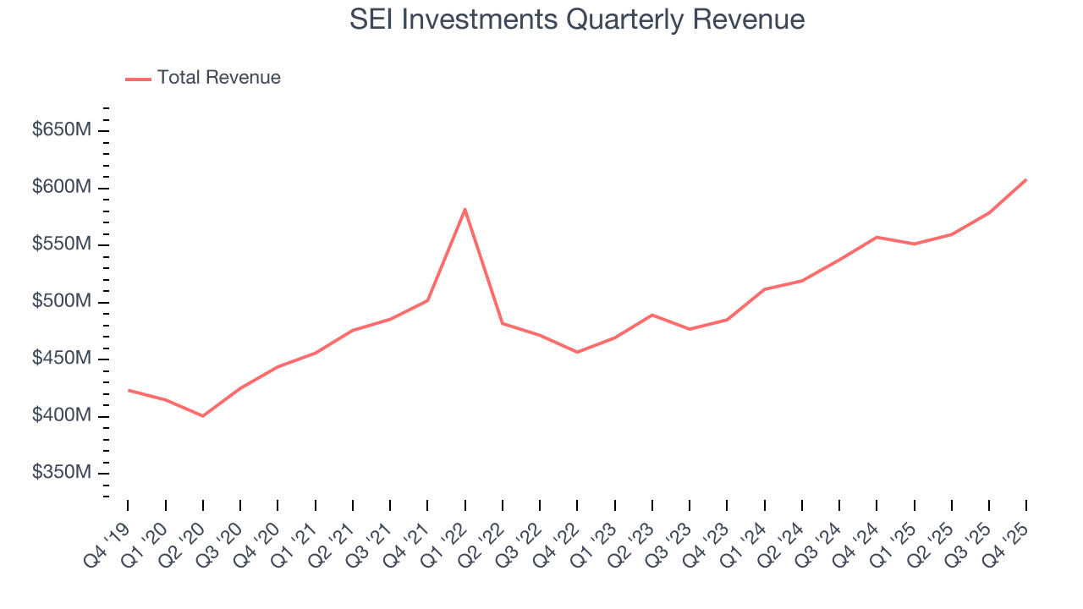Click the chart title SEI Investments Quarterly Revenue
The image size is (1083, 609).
(577, 19)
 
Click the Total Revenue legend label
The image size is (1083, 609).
(218, 78)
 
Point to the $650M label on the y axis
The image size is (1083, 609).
(63, 130)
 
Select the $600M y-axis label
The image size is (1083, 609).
(63, 187)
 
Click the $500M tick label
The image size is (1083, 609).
(63, 302)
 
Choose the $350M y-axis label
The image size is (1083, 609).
(63, 473)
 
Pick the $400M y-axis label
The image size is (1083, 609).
(63, 416)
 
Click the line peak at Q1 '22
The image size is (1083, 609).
(465, 209)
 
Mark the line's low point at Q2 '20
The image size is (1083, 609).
(203, 416)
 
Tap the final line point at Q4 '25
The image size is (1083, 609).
(1025, 179)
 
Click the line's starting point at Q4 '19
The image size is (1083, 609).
(129, 390)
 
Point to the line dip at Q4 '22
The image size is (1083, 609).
(577, 352)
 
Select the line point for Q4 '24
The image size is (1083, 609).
(877, 237)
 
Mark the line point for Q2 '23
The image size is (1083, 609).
(651, 315)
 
